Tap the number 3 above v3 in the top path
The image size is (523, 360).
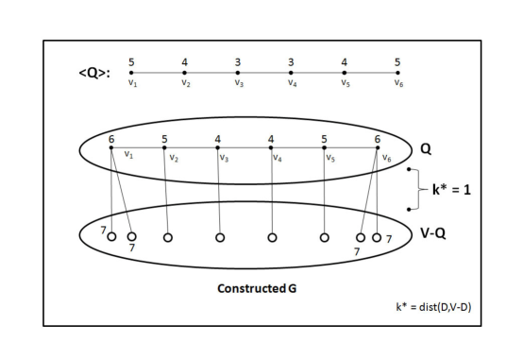pos(238,61)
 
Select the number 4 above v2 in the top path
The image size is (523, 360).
pos(185,61)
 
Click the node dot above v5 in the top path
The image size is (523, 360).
pos(345,72)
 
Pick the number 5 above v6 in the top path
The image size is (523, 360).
pos(397,61)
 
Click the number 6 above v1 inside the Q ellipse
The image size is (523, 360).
pos(111,139)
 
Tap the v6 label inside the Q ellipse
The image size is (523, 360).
pos(387,157)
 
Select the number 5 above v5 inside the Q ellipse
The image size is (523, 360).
pos(325,139)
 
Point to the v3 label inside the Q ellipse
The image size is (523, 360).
pos(224,157)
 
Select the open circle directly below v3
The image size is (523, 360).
pos(219,237)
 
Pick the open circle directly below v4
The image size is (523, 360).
pos(272,237)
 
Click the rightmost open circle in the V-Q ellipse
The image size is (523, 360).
pos(377,237)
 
